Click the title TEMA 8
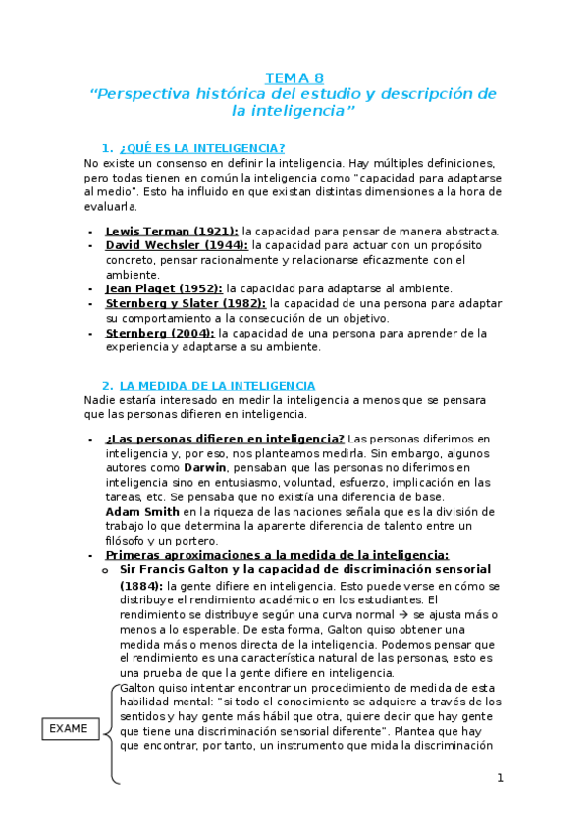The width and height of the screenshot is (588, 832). tap(294, 78)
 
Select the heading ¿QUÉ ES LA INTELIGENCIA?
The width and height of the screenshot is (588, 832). tap(201, 147)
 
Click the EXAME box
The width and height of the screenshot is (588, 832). tap(68, 728)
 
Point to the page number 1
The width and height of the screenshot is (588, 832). tap(500, 778)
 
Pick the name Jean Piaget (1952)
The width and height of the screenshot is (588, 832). tap(164, 288)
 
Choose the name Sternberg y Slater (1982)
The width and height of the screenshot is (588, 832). tap(186, 303)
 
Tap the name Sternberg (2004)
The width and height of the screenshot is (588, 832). tap(160, 333)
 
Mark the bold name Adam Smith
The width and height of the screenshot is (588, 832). tap(142, 511)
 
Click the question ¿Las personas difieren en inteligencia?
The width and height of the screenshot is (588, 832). tap(225, 438)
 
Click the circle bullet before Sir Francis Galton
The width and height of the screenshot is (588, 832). tap(107, 570)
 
